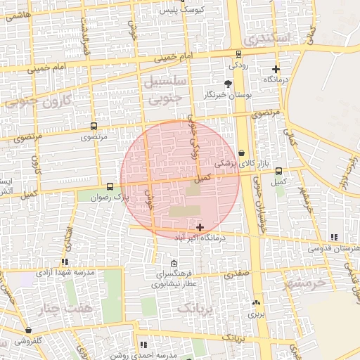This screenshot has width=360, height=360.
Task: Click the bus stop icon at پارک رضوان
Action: pos(110,187)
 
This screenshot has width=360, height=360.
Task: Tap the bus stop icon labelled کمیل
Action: pos(279,171)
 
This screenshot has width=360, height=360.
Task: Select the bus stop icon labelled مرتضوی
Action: pos(94,127)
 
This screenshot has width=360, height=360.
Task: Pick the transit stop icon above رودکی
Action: pos(238,53)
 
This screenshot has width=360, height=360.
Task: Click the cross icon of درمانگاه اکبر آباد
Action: pos(201,227)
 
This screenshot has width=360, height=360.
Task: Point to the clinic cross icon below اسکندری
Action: pos(276,70)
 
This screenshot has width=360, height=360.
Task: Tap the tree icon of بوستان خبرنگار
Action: pos(227,84)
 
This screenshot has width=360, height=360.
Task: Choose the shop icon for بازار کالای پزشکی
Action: pos(242,152)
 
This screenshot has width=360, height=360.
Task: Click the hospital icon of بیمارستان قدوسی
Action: pos(333,238)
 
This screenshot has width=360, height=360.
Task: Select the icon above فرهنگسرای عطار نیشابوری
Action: pos(174,263)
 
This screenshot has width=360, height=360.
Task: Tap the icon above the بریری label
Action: pos(255,302)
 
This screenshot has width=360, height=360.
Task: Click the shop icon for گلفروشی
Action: pos(28,330)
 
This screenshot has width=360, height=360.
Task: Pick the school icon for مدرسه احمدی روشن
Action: pos(144,345)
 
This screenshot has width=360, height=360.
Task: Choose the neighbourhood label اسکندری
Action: pos(262,39)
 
